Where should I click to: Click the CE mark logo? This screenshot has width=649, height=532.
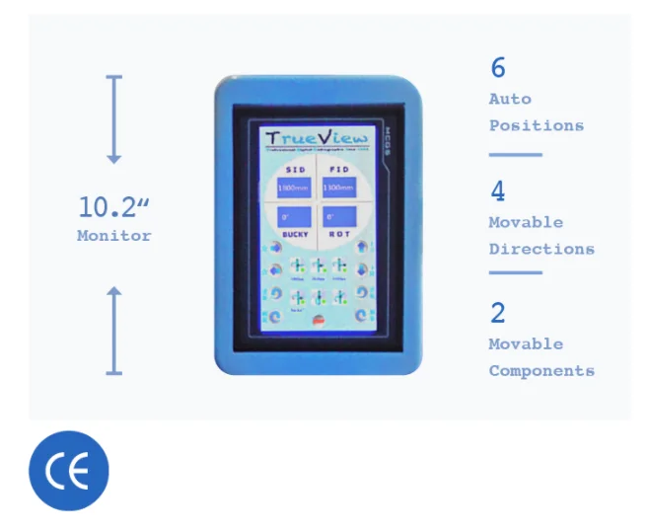click(x=68, y=471)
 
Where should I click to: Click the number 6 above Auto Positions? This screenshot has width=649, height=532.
click(x=497, y=68)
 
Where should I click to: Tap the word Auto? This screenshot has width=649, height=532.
click(x=510, y=99)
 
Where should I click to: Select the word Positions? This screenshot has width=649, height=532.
click(x=536, y=125)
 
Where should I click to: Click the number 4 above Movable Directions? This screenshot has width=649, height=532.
click(x=497, y=190)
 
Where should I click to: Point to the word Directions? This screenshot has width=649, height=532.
click(x=541, y=249)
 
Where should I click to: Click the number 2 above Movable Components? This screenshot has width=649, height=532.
click(x=497, y=313)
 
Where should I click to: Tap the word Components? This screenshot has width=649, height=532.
click(x=541, y=371)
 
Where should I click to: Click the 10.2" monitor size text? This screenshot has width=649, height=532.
click(x=113, y=207)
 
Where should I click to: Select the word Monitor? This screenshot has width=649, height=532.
click(x=114, y=236)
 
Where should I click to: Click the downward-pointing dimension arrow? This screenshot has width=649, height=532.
click(x=114, y=118)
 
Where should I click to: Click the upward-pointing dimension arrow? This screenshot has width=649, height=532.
click(x=114, y=331)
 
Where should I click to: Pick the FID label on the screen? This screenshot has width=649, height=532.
click(x=339, y=169)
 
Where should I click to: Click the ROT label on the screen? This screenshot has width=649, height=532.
click(x=339, y=235)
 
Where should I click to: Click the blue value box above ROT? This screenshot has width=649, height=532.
click(x=339, y=216)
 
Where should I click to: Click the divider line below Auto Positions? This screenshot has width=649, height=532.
click(x=515, y=155)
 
